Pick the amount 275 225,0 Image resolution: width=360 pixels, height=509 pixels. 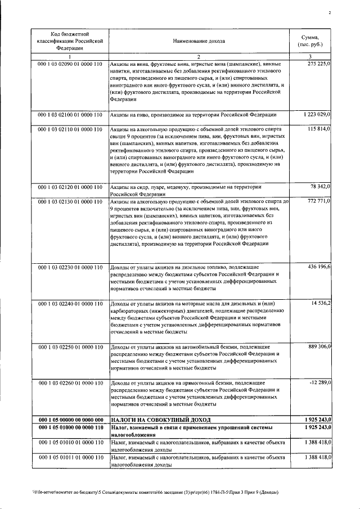tap(319, 65)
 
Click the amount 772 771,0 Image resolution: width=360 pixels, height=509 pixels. tap(319, 201)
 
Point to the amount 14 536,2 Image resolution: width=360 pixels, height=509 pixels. tap(321, 304)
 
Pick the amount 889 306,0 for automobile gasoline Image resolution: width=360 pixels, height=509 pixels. tap(319, 346)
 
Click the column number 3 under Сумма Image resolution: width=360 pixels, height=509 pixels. tap(310, 57)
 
